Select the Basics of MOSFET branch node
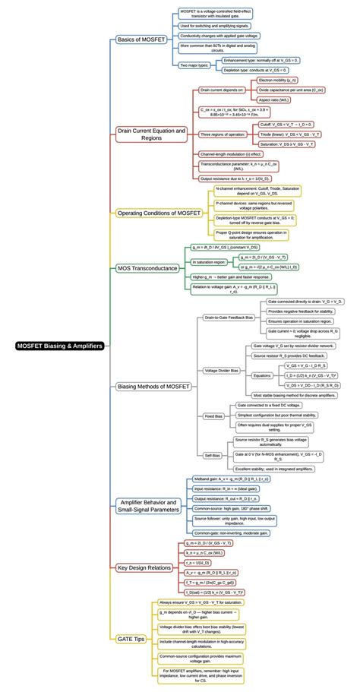click(x=144, y=39)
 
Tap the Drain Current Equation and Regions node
click(x=151, y=134)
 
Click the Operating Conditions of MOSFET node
click(x=158, y=213)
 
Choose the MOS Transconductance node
click(x=147, y=267)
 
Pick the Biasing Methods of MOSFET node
click(x=154, y=387)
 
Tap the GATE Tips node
click(x=131, y=640)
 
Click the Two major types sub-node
click(x=194, y=65)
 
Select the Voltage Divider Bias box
click(x=222, y=370)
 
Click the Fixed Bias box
click(x=213, y=416)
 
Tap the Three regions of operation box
click(x=222, y=134)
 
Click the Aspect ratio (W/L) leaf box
click(x=273, y=100)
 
